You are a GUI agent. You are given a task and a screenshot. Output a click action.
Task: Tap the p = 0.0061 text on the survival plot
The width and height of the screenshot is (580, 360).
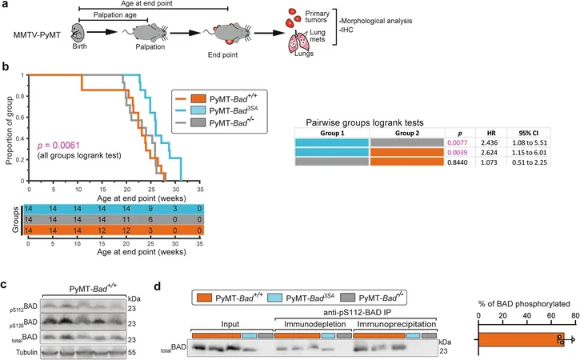[x=58, y=146]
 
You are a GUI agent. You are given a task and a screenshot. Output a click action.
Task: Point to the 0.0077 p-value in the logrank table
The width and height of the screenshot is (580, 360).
[x=458, y=142]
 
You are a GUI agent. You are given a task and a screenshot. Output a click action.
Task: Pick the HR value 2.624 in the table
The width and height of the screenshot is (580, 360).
[x=489, y=153]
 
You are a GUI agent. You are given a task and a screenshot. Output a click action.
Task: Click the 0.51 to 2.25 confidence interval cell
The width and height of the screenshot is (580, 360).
[x=530, y=162]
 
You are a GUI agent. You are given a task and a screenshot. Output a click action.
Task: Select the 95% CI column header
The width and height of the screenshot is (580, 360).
[x=529, y=133]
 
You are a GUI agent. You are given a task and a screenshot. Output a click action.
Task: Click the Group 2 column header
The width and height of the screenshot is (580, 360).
[x=407, y=133]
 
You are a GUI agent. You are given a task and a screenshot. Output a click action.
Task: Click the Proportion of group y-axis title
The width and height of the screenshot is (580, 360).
[x=10, y=130]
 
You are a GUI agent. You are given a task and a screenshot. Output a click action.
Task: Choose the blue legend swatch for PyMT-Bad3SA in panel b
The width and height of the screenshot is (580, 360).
[x=198, y=110]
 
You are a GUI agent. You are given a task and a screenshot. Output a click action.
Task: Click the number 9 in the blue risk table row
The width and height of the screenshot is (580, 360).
[x=150, y=209]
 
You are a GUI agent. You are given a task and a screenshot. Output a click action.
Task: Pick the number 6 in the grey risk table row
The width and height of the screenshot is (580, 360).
[x=150, y=219]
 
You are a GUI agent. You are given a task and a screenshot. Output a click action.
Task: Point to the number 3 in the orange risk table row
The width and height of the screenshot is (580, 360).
[x=150, y=230]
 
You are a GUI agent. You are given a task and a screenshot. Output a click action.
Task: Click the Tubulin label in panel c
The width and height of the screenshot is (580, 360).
[x=26, y=352]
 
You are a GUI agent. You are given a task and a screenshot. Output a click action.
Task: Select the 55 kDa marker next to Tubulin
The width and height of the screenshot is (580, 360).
[x=132, y=352]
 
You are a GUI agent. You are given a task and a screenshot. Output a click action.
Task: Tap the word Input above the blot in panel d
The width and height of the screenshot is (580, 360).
[x=230, y=324]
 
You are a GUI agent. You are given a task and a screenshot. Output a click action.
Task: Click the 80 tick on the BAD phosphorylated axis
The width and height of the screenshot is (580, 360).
[x=574, y=316]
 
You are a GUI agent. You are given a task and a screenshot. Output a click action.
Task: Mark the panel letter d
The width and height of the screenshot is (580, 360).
[x=158, y=286]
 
